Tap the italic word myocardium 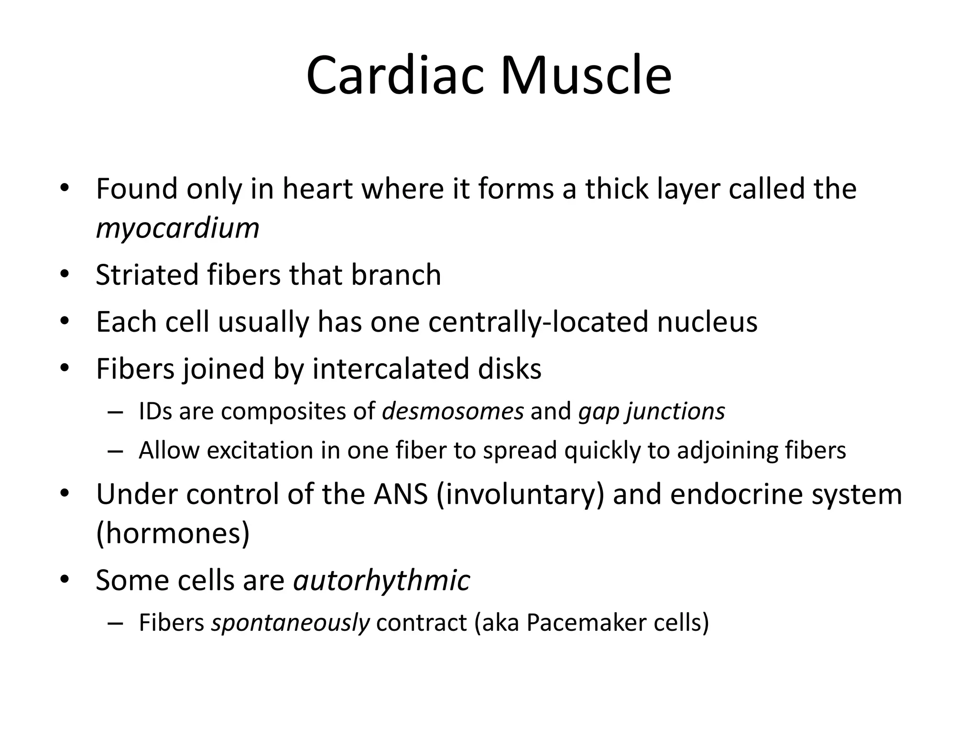pos(177,228)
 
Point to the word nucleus pos(707,322)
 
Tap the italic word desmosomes pos(453,411)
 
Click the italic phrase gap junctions pos(652,411)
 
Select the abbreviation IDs pos(155,411)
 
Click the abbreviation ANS pos(401,494)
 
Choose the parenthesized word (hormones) pos(173,533)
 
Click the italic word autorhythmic pos(381,581)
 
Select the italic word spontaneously pos(290,623)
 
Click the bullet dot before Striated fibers pos(65,275)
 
